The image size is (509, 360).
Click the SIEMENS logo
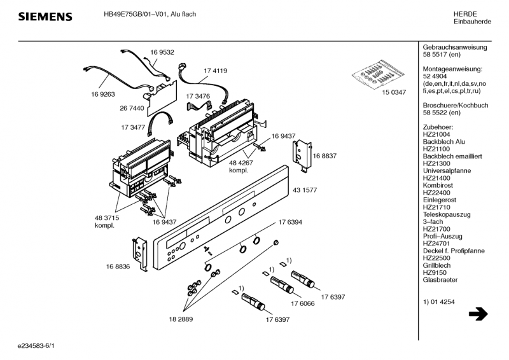(x=45, y=17)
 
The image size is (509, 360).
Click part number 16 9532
(x=162, y=52)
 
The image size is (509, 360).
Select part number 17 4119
(x=216, y=71)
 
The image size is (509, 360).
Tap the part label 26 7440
(x=132, y=108)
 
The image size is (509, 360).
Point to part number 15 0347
(x=394, y=92)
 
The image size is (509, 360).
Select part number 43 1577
(x=305, y=190)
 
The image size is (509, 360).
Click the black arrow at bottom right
(x=478, y=314)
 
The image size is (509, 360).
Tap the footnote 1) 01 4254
(x=438, y=302)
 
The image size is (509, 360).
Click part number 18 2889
(x=181, y=319)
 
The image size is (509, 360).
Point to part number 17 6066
(x=303, y=304)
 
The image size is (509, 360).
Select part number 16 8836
(x=118, y=267)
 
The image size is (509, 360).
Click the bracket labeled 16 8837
(x=302, y=156)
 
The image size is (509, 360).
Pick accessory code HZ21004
(x=436, y=134)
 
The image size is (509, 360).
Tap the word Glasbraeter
(x=440, y=280)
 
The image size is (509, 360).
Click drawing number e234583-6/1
(x=36, y=346)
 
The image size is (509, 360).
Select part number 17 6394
(x=290, y=223)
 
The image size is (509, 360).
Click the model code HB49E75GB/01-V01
(x=135, y=14)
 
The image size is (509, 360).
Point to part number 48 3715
(x=107, y=218)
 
